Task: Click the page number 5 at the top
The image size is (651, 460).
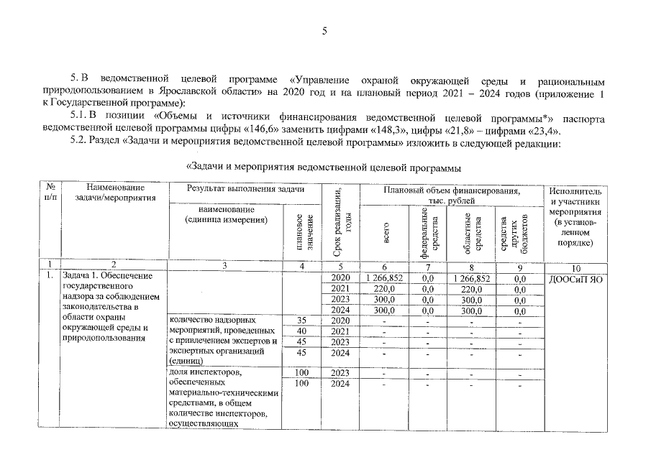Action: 324,31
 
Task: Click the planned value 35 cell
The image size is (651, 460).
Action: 301,320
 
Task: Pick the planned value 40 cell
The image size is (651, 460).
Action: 301,331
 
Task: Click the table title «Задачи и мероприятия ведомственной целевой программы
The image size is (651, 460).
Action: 324,168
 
